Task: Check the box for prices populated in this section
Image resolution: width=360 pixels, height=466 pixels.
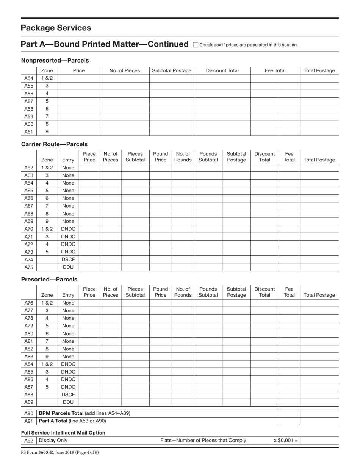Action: [196, 45]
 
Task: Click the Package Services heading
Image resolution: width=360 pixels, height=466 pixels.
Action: [56, 28]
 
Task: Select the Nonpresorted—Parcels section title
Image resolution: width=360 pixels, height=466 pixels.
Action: [55, 60]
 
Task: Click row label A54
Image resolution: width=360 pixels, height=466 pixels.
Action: [29, 78]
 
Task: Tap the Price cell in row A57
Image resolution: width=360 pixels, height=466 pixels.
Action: [79, 101]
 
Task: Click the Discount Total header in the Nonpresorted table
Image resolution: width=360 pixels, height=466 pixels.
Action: [222, 70]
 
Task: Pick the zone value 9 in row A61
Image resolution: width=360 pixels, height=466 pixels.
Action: [47, 132]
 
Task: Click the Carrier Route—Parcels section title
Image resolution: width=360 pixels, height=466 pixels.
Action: [54, 144]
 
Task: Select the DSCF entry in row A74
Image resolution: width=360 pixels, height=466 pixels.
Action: [68, 260]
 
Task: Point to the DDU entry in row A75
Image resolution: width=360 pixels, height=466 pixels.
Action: [68, 267]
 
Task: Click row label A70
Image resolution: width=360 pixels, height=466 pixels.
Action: [29, 229]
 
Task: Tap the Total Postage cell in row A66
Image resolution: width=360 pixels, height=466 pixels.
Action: [319, 199]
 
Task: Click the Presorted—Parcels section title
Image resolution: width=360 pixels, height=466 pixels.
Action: [49, 280]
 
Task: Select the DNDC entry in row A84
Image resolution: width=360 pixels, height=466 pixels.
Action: [68, 364]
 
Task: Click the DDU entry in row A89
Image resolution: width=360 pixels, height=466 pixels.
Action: [68, 402]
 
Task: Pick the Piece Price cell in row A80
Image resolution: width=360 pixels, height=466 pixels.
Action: [89, 334]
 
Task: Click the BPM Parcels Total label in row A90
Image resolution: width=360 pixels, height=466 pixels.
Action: [85, 413]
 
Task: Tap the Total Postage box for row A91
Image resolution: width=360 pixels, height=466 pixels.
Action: [319, 421]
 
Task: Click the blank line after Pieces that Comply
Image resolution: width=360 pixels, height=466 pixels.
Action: [260, 441]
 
